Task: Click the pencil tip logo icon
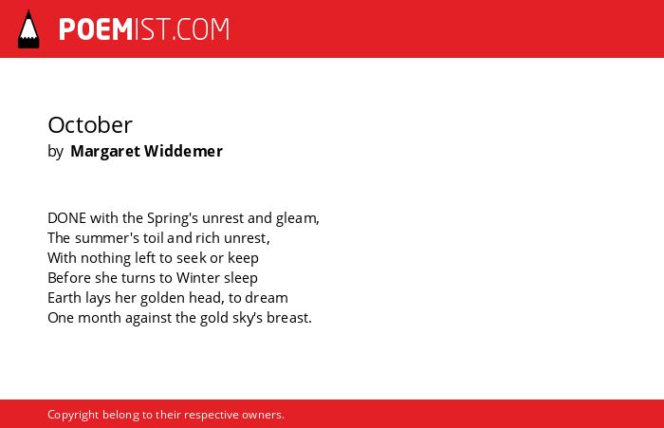point(28,29)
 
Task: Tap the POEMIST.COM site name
point(144,29)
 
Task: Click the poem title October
point(90,125)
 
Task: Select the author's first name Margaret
point(105,151)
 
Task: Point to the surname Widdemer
point(183,151)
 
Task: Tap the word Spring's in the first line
point(173,218)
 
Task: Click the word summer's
point(107,238)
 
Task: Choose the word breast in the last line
point(287,318)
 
